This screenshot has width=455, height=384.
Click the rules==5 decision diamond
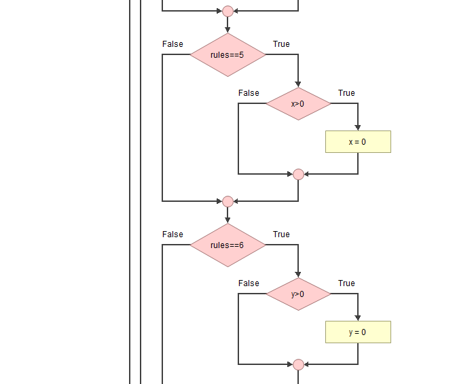pos(227,55)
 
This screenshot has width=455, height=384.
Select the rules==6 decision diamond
pos(227,245)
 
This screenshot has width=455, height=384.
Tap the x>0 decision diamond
pos(298,104)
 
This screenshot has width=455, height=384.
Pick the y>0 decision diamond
pos(298,294)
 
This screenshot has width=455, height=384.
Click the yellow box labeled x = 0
pos(358,142)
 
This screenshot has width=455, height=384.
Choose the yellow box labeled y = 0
pos(358,332)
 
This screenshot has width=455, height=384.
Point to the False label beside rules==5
pos(172,44)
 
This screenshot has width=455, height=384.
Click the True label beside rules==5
pos(281,44)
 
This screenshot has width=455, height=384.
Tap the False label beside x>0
pos(249,93)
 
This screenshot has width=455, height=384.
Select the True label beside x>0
pos(346,93)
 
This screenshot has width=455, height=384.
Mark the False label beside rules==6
pos(172,234)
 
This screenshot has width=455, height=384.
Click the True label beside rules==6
pos(281,234)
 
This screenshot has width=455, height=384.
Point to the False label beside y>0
pos(249,283)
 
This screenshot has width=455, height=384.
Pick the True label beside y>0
pos(346,283)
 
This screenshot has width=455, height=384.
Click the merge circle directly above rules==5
pos(227,11)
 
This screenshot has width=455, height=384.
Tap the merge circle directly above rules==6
pos(227,201)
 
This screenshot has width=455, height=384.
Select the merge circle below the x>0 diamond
pos(298,174)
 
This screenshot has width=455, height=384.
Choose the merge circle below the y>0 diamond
pos(298,364)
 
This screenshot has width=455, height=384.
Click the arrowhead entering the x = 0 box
pos(358,128)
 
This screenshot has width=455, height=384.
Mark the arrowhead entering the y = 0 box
pos(358,318)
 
